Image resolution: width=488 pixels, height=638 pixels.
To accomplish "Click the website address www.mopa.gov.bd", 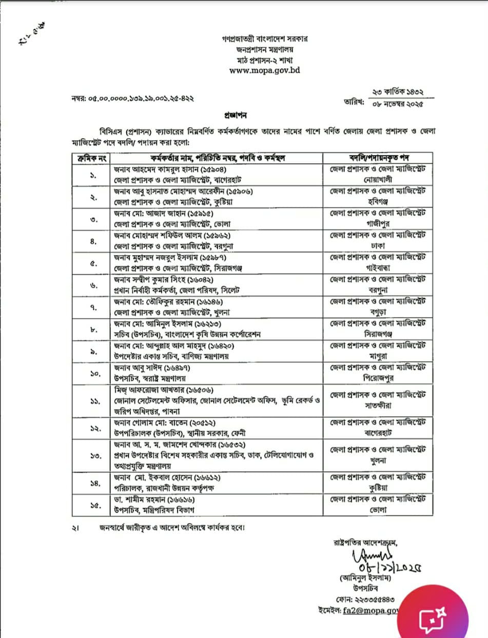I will [264, 70].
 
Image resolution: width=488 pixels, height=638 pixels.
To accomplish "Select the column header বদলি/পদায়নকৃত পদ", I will [377, 157].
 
